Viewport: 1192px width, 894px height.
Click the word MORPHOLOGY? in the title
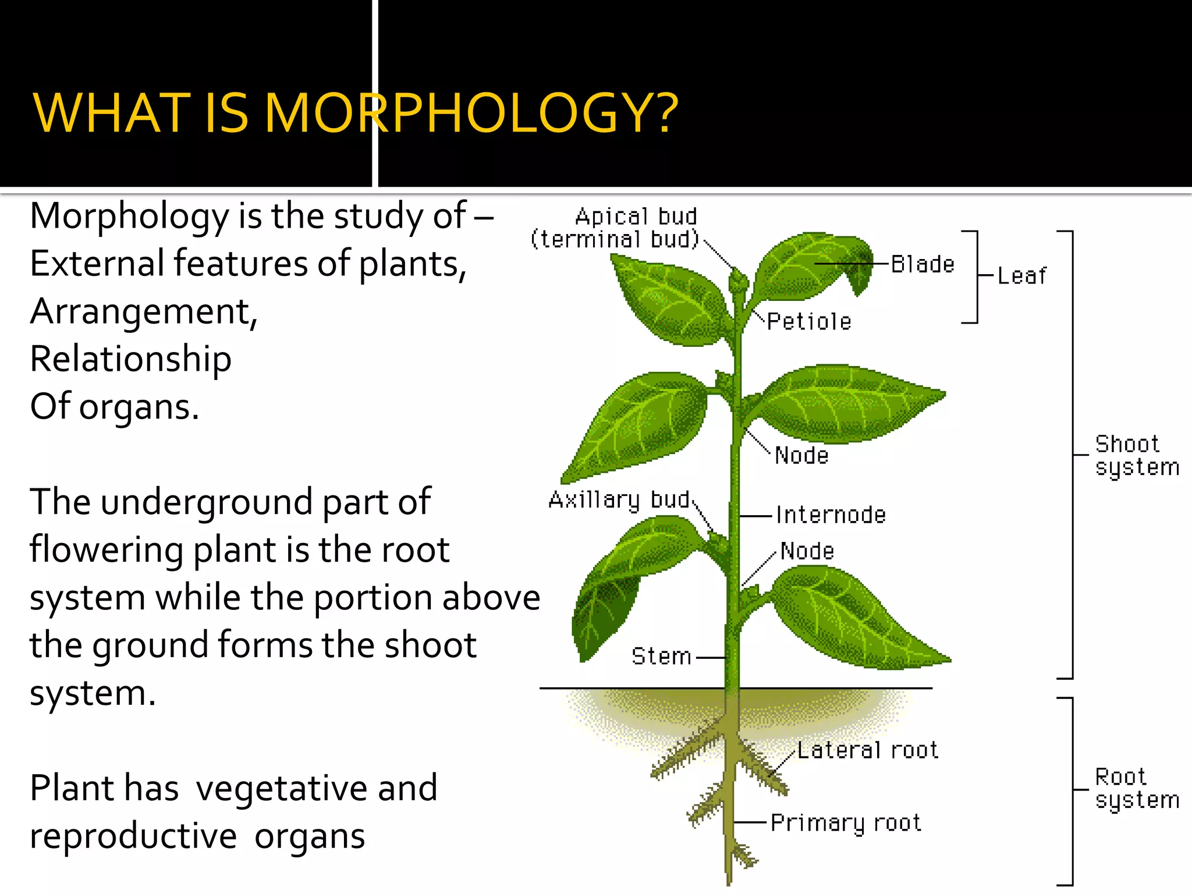471,113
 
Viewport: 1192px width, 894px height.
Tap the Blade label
923,265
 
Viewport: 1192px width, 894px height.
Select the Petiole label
809,322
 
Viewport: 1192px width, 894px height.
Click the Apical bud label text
636,217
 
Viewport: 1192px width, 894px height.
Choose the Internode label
831,515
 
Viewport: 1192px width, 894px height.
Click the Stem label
661,657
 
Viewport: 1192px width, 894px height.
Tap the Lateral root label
867,750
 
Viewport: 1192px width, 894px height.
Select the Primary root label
846,823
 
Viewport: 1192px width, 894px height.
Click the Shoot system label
1136,456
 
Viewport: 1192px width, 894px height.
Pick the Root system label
1136,789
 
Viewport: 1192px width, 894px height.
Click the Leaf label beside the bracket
1021,276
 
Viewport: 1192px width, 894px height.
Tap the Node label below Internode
807,551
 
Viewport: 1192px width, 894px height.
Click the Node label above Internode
801,456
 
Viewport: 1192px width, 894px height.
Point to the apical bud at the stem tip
738,281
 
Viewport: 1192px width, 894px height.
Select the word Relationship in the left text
131,359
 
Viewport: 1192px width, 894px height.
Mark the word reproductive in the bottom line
133,836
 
